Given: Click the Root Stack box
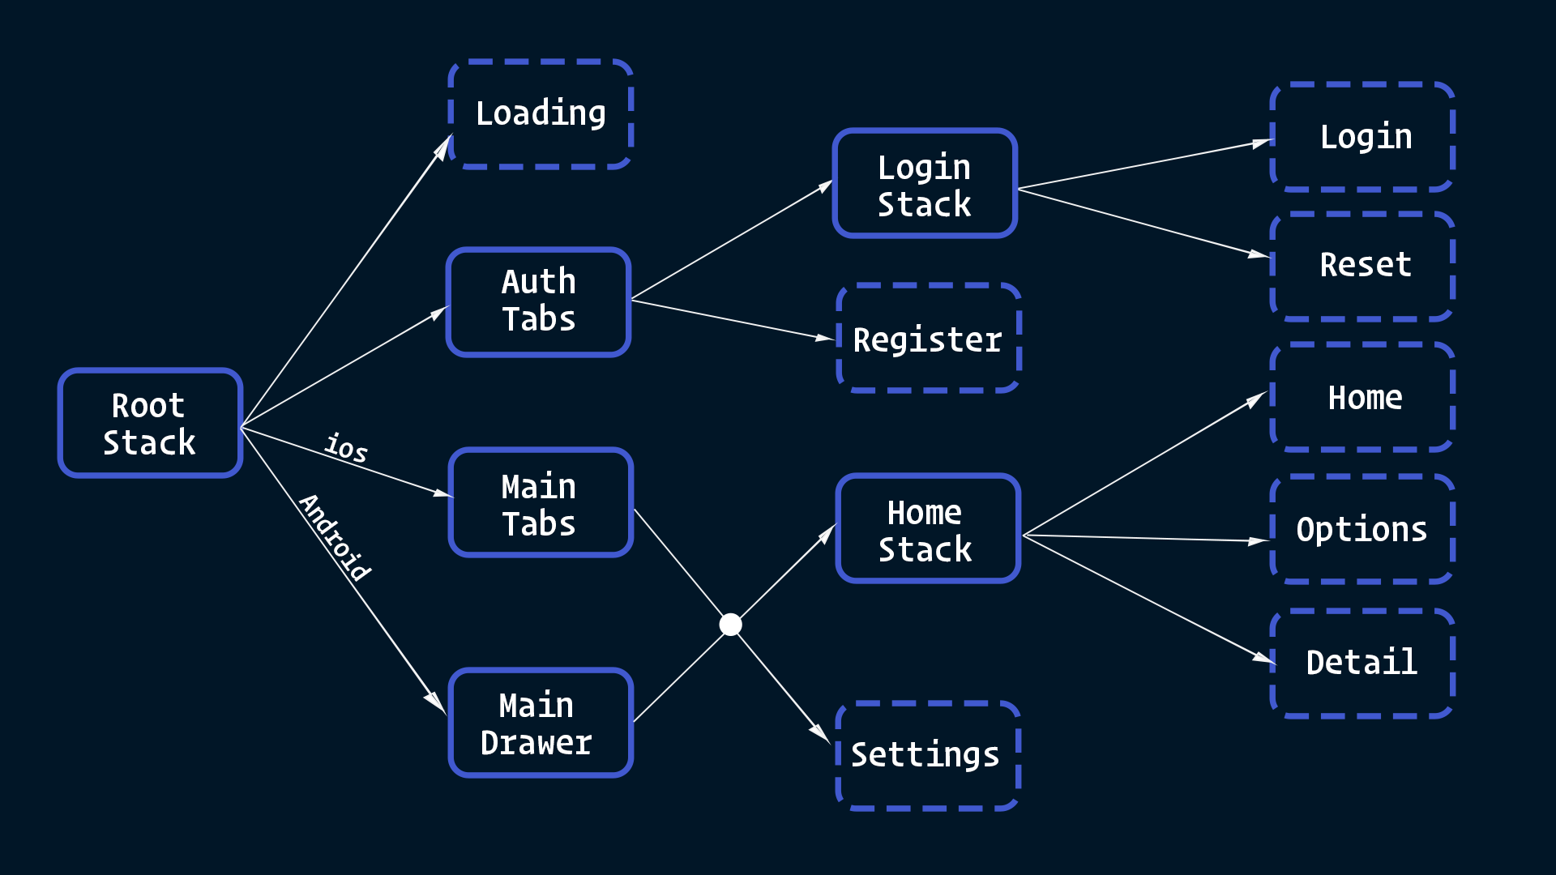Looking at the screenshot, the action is pyautogui.click(x=150, y=423).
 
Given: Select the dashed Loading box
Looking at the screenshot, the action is pyautogui.click(x=541, y=113).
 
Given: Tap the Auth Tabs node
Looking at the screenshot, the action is pyautogui.click(x=539, y=301).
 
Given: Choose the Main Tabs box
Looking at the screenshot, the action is pyautogui.click(x=541, y=502).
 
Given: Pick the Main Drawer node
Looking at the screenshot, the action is pyautogui.click(x=541, y=723).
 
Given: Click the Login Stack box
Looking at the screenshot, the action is pyautogui.click(x=925, y=183).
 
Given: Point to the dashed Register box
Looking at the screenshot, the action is pyautogui.click(x=928, y=338).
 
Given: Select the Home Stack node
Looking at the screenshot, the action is pyautogui.click(x=928, y=528).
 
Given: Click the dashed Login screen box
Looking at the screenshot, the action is pyautogui.click(x=1362, y=136).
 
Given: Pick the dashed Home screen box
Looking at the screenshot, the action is pyautogui.click(x=1362, y=397).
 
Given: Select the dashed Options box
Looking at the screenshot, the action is pyautogui.click(x=1362, y=529).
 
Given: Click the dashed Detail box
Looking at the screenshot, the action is pyautogui.click(x=1362, y=664).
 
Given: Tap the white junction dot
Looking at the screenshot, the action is pyautogui.click(x=730, y=625).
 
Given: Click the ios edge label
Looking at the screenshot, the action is pyautogui.click(x=346, y=447).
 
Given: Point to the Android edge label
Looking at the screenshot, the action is pyautogui.click(x=335, y=537).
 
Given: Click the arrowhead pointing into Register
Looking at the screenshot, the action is pyautogui.click(x=825, y=337).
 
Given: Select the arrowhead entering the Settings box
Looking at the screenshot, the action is pyautogui.click(x=820, y=731).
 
